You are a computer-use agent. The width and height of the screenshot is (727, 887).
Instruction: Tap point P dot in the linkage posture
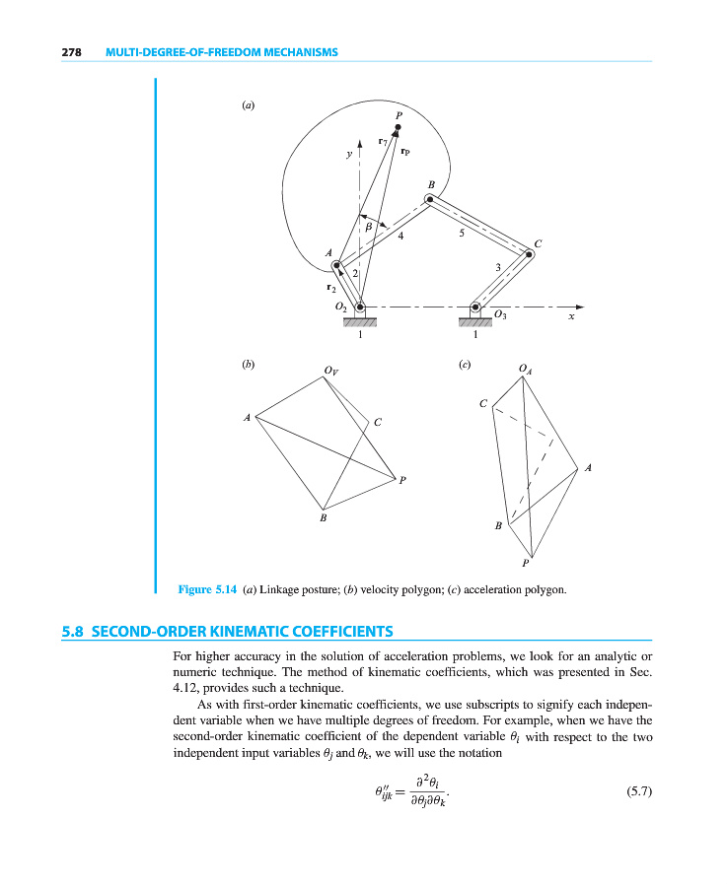[x=398, y=127]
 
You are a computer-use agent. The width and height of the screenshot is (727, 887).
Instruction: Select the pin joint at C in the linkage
[x=530, y=254]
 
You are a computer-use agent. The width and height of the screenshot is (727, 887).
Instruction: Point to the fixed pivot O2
[x=359, y=306]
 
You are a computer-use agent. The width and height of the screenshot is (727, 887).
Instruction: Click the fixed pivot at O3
[x=475, y=306]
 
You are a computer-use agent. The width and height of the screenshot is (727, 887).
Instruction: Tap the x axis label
[x=571, y=317]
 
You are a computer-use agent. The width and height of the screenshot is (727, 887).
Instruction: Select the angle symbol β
[x=369, y=228]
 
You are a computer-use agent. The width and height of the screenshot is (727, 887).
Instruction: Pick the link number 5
[x=461, y=234]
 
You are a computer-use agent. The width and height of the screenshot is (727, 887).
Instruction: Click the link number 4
[x=400, y=237]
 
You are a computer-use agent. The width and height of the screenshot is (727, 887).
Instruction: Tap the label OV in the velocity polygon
[x=330, y=371]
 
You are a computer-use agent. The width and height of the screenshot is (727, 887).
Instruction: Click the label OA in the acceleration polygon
[x=526, y=369]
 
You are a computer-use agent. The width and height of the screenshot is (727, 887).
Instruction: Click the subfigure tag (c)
[x=465, y=364]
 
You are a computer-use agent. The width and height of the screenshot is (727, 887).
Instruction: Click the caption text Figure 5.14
[x=207, y=589]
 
